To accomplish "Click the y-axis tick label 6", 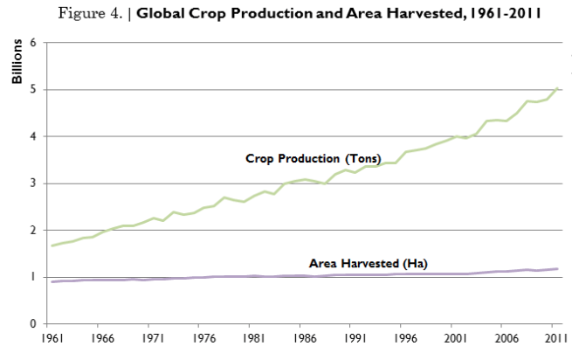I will click(x=33, y=42).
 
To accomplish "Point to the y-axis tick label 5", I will click(x=33, y=89).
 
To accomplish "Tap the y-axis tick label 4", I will click(x=33, y=136).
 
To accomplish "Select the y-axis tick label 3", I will click(x=33, y=183).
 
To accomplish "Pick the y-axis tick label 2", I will click(x=33, y=231).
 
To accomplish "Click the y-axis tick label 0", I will click(x=33, y=324).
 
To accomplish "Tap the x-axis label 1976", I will click(x=204, y=337).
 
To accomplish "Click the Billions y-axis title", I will click(x=17, y=66).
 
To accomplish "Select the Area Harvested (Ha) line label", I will click(x=368, y=263).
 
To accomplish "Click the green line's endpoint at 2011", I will click(x=556, y=87).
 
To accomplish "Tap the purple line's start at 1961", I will click(x=53, y=281).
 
